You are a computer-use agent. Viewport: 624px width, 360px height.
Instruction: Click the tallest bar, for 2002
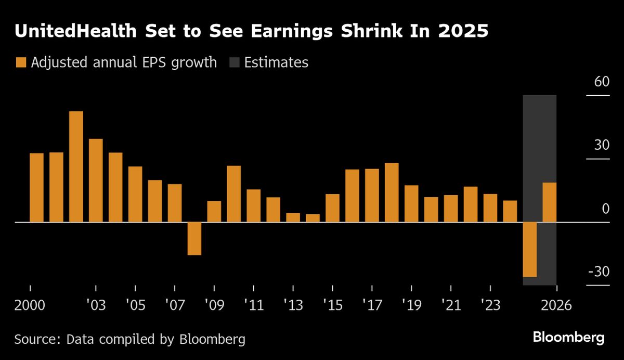(76, 166)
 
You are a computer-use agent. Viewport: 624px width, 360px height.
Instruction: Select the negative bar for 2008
(194, 238)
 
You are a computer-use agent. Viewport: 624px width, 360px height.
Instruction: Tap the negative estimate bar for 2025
(530, 249)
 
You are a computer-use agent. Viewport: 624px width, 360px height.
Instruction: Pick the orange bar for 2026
(550, 202)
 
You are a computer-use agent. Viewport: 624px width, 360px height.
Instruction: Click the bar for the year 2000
(36, 187)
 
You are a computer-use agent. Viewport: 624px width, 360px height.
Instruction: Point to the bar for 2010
(234, 194)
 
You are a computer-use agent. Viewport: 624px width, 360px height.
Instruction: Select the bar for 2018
(392, 192)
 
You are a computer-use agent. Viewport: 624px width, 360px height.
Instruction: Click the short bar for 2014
(313, 218)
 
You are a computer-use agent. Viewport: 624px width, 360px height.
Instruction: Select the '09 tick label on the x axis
(214, 305)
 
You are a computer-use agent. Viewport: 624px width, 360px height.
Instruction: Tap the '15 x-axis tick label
(332, 305)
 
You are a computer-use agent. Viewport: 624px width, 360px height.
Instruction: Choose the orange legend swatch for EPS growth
(21, 63)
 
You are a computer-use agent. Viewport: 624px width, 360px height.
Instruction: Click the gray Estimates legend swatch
(234, 63)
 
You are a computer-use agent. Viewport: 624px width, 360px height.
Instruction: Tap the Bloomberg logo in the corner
(568, 337)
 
